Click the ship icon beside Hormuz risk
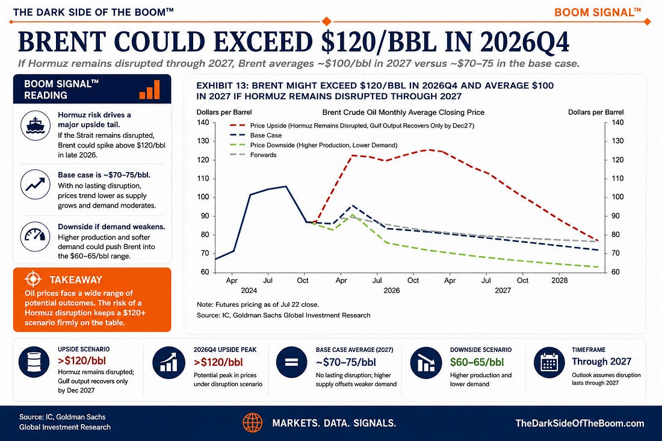click(36, 125)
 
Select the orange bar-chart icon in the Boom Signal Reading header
click(149, 90)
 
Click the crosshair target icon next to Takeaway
click(33, 279)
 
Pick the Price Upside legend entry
click(351, 125)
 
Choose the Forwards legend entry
click(253, 155)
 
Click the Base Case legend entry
click(255, 135)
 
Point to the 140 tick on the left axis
click(203, 122)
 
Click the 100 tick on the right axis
click(617, 197)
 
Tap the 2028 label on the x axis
click(560, 280)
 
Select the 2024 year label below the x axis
click(249, 291)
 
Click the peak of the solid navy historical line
click(286, 186)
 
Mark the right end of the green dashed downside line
click(598, 267)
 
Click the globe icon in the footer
click(253, 423)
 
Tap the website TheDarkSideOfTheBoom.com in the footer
click(580, 424)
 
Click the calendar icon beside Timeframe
click(549, 362)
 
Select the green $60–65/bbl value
click(477, 362)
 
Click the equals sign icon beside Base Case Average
click(291, 362)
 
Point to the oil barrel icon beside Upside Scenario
click(34, 362)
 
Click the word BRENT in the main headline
click(61, 42)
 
